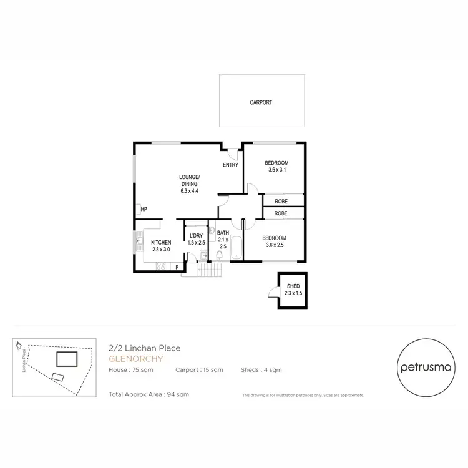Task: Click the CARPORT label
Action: (x=261, y=102)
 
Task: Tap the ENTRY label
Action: (x=231, y=165)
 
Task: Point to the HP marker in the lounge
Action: (x=144, y=209)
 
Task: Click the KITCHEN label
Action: (x=161, y=242)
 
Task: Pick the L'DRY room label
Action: (x=197, y=235)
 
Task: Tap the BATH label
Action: (x=223, y=233)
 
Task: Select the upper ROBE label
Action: (x=280, y=202)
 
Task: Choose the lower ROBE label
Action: (x=280, y=213)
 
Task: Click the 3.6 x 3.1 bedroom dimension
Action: (x=276, y=170)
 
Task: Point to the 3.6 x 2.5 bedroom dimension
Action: (x=274, y=245)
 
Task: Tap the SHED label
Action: (x=293, y=286)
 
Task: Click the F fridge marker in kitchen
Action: (x=177, y=267)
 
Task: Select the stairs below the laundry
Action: (x=209, y=271)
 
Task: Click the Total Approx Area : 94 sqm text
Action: (x=149, y=394)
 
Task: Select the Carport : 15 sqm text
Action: (x=200, y=370)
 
